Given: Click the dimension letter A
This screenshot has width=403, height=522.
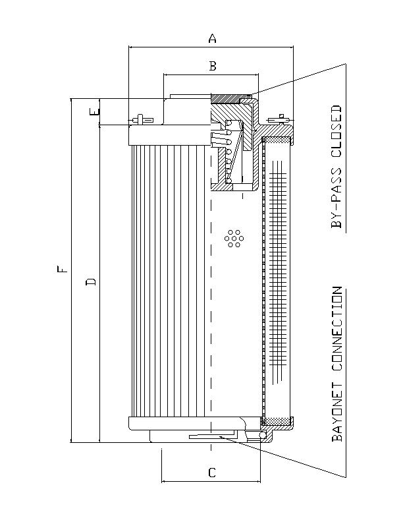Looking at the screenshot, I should [x=212, y=39].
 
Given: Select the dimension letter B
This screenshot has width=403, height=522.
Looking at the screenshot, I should [x=212, y=65].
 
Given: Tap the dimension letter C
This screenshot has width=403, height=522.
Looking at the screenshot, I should [x=211, y=473].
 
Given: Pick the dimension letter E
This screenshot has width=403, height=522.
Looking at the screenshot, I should [x=95, y=113].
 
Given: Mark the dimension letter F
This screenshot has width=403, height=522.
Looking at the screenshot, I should [x=61, y=270].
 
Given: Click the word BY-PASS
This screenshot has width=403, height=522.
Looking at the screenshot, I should [x=336, y=198].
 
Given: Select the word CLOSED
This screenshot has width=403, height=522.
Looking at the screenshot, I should [x=336, y=130].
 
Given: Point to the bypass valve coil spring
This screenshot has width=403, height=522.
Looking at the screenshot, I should [x=227, y=152].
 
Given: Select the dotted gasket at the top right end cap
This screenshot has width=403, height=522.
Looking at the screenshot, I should [x=277, y=140].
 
